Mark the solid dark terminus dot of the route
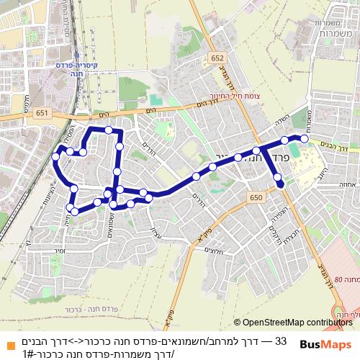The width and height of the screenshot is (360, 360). pyautogui.click(x=280, y=184)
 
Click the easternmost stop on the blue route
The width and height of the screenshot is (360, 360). pyautogui.click(x=304, y=138)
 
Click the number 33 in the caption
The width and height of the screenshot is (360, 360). pyautogui.click(x=282, y=340)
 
